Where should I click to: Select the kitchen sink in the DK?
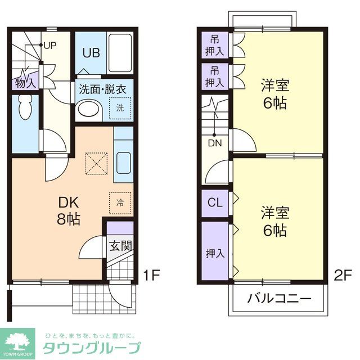[123, 162]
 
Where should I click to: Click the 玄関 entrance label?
[120, 246]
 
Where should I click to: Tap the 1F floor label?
[152, 276]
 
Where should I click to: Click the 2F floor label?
[343, 276]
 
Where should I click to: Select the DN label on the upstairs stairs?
[215, 143]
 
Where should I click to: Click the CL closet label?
[214, 202]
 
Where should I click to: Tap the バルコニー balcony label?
[279, 298]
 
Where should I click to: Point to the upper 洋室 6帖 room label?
[274, 93]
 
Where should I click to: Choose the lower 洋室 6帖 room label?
[274, 221]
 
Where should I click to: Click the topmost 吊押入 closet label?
[214, 46]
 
